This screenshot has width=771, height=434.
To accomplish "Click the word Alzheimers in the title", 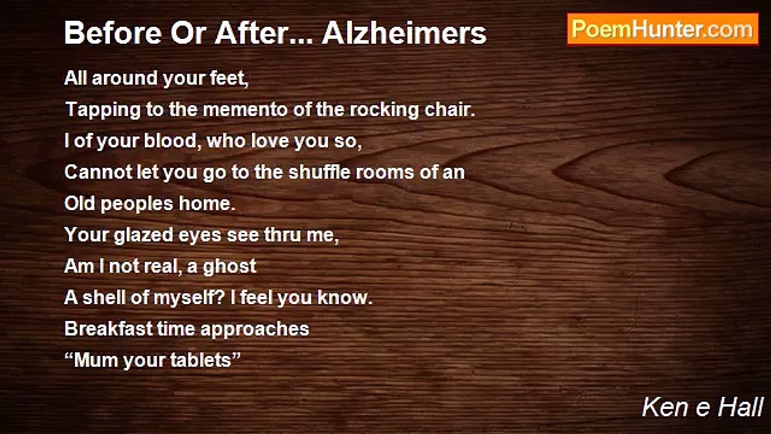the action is coord(404,33).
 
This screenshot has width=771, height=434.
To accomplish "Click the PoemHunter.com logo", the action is coord(663,30).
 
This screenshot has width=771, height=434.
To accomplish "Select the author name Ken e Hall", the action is coord(702,407).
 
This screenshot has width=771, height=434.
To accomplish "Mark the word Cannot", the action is coord(98,172).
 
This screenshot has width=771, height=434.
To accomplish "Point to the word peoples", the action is coord(137,204).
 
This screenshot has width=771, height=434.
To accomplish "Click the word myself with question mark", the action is coord(189,298).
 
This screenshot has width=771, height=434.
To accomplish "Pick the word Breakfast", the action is coord(108,329).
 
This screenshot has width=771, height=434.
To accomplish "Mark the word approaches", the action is coord(255,330).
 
